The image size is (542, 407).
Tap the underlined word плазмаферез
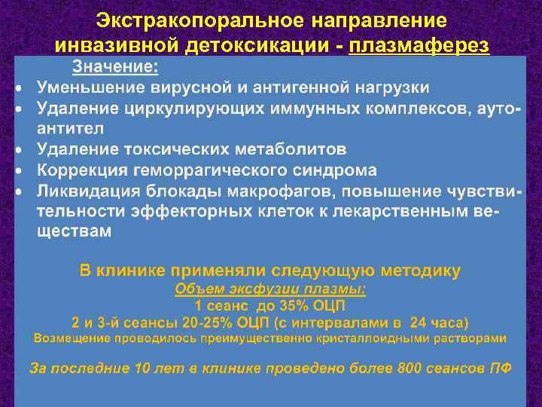tap(419, 46)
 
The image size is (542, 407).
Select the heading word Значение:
tap(115, 68)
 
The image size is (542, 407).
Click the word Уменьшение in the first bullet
tap(88, 88)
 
